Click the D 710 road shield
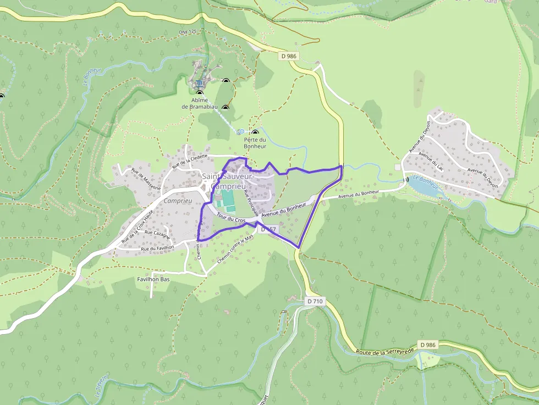(315, 301)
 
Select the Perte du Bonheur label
(255, 143)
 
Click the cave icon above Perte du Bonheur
(255, 132)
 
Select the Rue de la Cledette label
(190, 160)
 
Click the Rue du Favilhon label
(157, 248)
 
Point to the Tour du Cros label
(230, 218)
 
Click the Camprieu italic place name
(177, 201)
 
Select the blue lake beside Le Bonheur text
(424, 187)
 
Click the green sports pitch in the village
(228, 201)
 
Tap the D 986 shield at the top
(288, 56)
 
